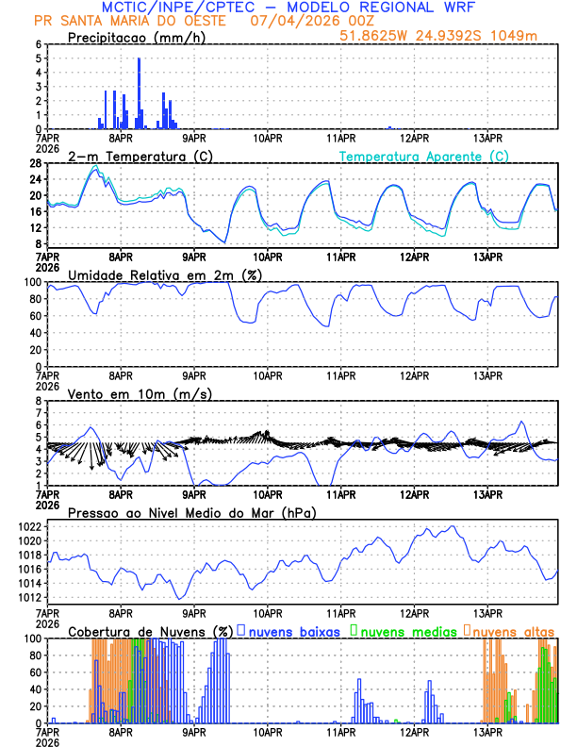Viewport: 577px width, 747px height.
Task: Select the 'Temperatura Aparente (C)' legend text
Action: coord(424,156)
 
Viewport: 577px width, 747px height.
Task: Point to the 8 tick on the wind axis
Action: coord(39,401)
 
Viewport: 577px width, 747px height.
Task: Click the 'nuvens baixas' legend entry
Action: coord(293,630)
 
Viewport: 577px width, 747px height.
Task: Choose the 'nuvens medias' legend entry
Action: coord(406,630)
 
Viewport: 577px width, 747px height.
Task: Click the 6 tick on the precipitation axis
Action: coord(39,44)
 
